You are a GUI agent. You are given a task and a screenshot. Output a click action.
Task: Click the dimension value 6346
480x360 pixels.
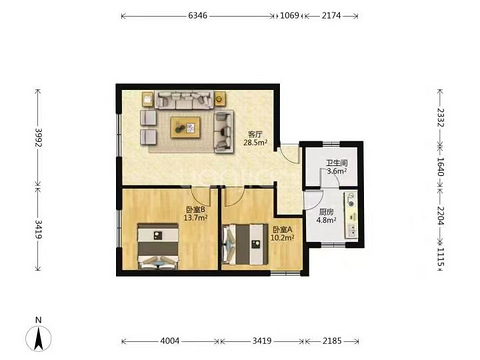click(x=197, y=15)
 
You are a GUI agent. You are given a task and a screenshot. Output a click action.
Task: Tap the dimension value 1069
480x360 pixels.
click(x=289, y=15)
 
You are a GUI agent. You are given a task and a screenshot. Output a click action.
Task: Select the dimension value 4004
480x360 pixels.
click(x=170, y=341)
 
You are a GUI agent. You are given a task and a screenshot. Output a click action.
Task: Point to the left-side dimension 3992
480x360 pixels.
click(x=38, y=138)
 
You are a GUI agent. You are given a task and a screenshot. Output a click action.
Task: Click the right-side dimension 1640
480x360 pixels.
click(x=440, y=167)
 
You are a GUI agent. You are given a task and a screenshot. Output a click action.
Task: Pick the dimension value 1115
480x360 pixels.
click(x=440, y=257)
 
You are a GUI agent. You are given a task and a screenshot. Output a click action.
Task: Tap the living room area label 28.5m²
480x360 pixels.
click(x=256, y=143)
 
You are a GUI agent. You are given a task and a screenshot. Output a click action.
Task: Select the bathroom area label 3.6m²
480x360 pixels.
click(x=337, y=171)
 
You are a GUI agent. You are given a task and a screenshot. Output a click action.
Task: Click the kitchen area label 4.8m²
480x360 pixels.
click(x=326, y=220)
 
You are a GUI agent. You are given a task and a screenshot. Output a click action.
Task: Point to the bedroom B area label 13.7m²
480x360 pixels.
click(x=196, y=218)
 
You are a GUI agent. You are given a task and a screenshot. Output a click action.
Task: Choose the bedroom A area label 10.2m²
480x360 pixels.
click(x=282, y=238)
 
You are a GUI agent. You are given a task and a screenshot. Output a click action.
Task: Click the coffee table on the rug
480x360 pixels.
click(x=185, y=127)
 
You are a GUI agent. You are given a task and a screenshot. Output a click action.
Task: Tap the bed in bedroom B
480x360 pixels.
click(x=158, y=246)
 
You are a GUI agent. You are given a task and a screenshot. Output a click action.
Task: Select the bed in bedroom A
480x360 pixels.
click(x=245, y=245)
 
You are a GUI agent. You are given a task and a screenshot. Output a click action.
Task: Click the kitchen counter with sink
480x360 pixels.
click(x=351, y=215)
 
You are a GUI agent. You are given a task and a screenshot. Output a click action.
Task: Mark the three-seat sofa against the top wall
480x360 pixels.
click(x=184, y=100)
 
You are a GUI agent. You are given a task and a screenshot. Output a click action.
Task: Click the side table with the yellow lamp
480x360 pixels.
click(x=220, y=99)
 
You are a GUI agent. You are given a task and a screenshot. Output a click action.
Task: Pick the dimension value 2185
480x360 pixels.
click(x=332, y=341)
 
